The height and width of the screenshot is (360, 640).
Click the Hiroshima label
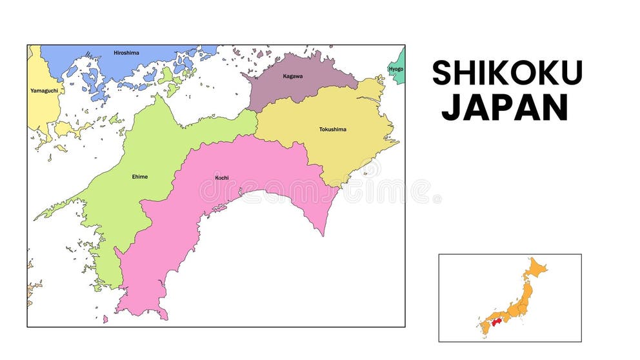126,53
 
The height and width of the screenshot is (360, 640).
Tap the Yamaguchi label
45,90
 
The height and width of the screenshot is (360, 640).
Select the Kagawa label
292,76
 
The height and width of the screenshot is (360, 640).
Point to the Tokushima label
332,129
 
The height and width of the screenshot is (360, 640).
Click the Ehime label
139,176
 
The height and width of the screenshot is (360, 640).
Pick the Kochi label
221,177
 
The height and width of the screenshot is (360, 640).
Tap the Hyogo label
396,69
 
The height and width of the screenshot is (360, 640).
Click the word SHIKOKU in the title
507,73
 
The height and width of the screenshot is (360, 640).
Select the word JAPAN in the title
505,108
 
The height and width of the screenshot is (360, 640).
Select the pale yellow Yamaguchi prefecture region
42,106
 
